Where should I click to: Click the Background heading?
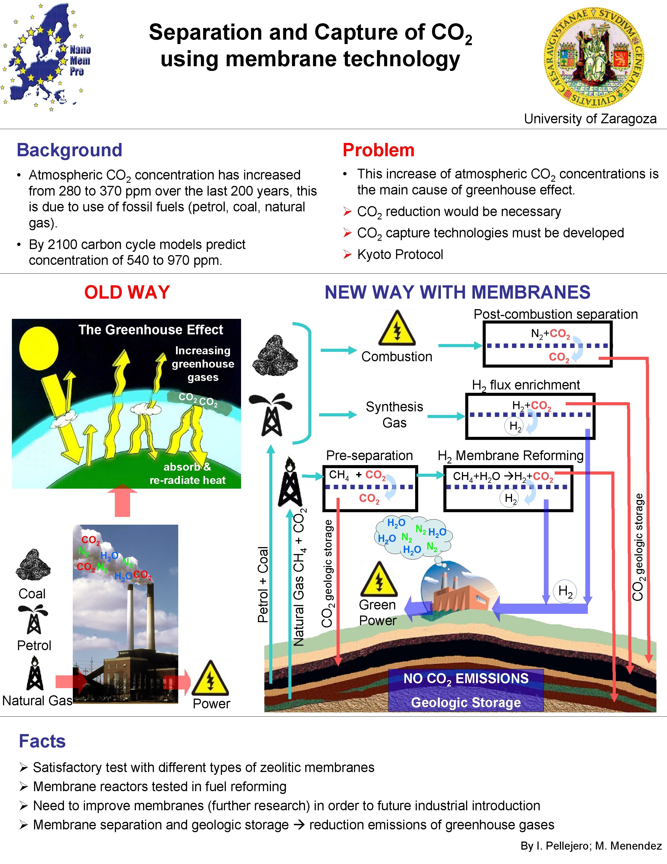coord(69,150)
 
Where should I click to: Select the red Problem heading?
coord(378,150)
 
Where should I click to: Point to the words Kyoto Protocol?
coord(400,254)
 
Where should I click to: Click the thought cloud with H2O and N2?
coord(413,537)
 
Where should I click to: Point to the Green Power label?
coord(377,612)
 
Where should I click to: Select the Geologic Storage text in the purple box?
coord(466,703)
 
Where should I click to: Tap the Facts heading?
coord(42,741)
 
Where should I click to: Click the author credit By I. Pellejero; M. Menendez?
coord(591,846)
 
